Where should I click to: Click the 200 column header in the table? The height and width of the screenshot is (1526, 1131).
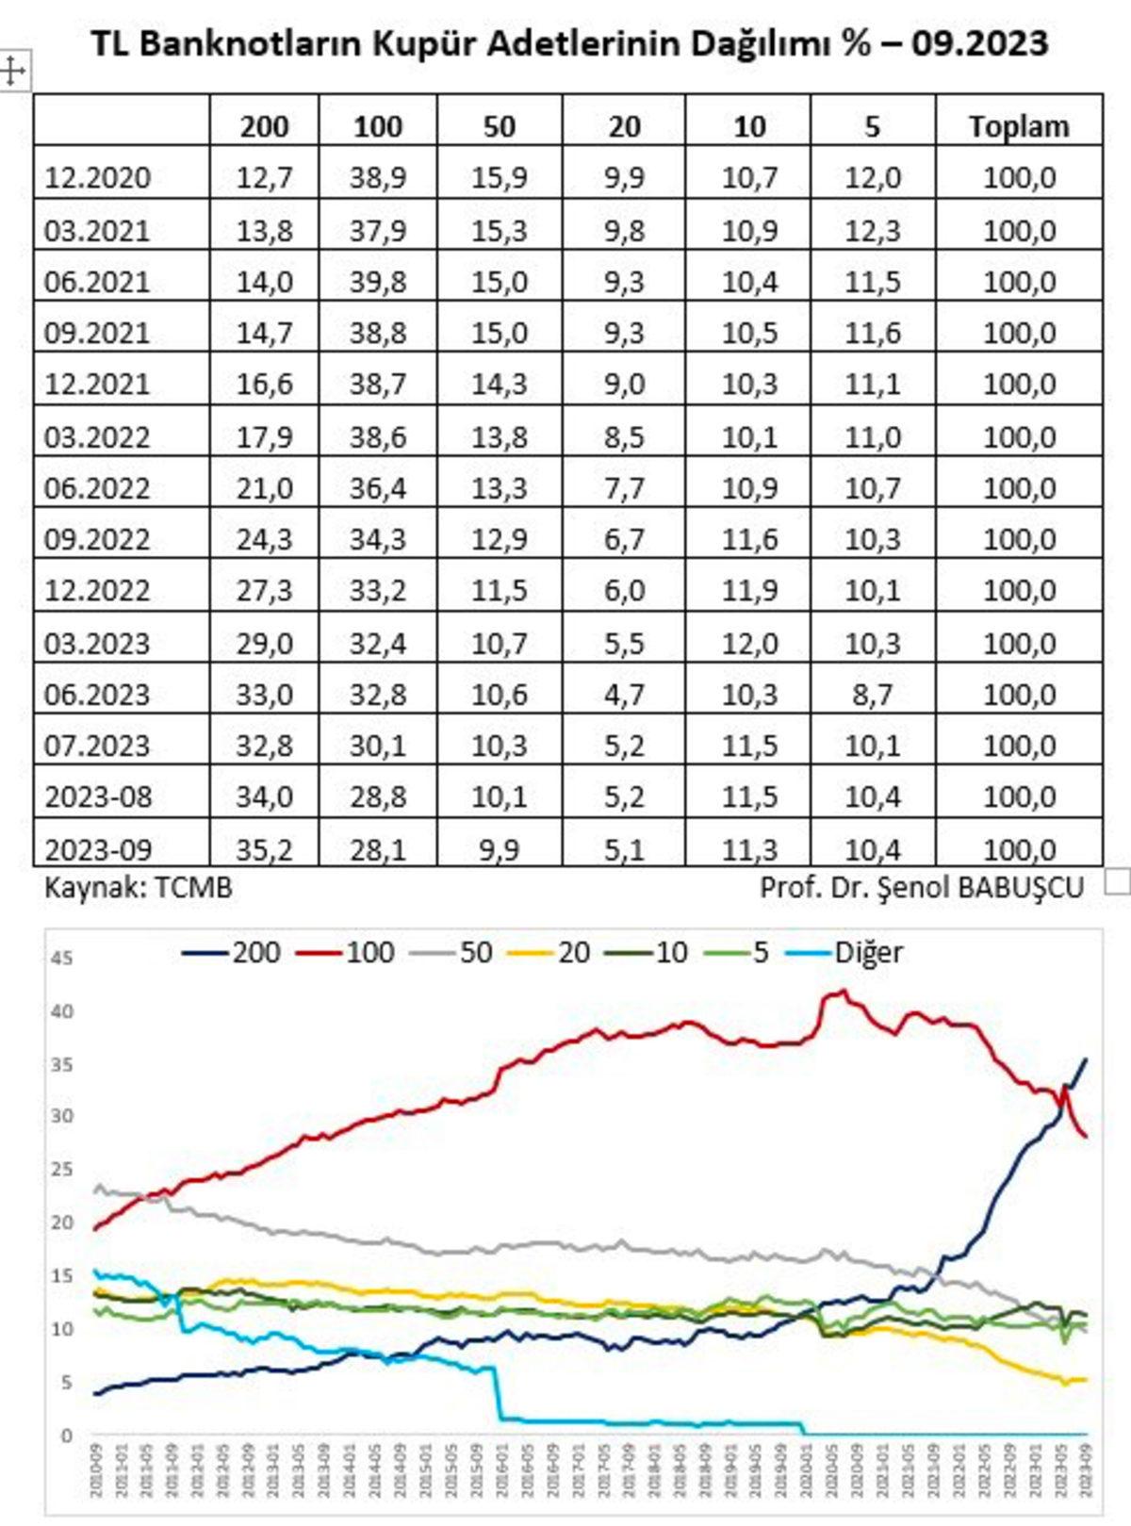coord(264,126)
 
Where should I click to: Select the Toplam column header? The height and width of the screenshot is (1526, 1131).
coord(1018,126)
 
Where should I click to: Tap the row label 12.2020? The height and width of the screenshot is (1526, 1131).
coord(97,177)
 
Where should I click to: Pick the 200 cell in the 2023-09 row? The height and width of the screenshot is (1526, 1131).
coord(264,849)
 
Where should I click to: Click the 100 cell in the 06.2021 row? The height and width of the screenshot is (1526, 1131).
coord(377,281)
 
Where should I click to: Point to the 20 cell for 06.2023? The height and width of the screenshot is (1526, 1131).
coord(624,695)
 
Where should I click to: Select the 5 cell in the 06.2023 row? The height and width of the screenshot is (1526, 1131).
coord(872,695)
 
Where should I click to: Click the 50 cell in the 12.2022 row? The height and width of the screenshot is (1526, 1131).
coord(499,591)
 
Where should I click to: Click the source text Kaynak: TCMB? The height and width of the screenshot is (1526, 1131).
coord(138,887)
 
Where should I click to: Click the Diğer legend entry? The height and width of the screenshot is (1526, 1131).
coord(867,952)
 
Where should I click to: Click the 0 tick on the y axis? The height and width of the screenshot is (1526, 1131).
coord(66,1436)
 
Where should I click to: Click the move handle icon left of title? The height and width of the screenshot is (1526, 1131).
coord(12,71)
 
